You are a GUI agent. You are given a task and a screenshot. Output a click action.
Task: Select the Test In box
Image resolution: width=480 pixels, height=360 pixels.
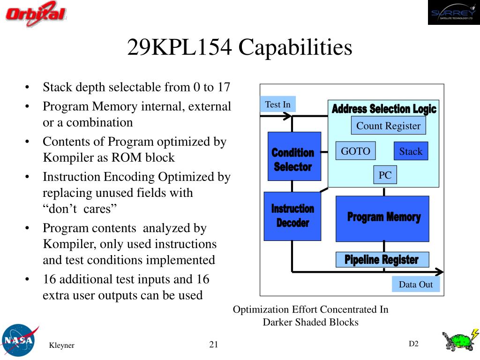278,105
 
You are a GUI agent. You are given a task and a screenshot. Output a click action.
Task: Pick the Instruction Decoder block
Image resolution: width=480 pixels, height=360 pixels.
292,216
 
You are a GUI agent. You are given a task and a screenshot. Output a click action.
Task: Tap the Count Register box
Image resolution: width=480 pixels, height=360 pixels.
388,126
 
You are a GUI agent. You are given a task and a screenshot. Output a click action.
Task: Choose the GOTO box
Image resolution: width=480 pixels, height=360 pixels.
355,151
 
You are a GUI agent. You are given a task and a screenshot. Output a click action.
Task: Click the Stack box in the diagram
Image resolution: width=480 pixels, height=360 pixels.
411,151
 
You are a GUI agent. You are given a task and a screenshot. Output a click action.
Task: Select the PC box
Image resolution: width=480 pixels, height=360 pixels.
385,175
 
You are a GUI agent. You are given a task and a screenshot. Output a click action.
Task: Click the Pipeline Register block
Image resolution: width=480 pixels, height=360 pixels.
382,259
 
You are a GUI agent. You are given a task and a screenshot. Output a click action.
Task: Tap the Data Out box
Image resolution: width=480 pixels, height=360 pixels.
415,284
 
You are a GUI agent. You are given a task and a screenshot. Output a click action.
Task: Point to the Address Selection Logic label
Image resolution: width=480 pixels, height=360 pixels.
383,109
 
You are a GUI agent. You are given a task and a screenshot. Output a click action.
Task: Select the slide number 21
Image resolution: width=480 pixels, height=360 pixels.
214,345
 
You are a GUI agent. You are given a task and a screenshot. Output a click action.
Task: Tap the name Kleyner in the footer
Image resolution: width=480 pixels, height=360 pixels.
62,345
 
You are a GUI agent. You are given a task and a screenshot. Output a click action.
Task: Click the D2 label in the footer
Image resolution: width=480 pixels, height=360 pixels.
413,344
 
